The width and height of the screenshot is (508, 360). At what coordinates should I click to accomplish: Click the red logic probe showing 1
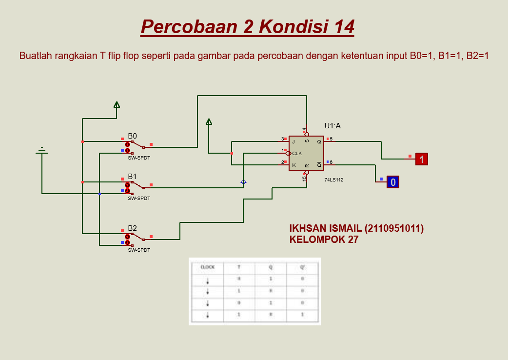point(422,159)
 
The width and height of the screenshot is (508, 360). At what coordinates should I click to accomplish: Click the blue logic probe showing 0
point(393,182)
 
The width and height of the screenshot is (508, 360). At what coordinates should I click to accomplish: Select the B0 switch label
point(133,136)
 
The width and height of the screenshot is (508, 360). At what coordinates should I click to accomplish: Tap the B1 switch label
point(133,176)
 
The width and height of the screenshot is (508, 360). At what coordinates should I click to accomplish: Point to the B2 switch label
point(133,228)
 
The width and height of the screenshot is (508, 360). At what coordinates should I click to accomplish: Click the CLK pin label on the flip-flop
point(297,153)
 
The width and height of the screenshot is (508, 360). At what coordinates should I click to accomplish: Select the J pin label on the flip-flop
point(294,141)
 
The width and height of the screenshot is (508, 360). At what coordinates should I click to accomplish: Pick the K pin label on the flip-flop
point(294,165)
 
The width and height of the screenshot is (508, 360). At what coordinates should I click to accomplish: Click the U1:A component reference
point(332,126)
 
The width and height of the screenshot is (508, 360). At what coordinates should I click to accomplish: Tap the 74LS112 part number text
point(334,180)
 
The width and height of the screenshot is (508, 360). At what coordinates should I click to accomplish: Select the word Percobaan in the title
point(188,26)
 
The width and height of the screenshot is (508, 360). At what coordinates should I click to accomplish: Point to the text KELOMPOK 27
point(324,240)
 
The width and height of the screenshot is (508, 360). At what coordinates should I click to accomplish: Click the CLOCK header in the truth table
point(208,267)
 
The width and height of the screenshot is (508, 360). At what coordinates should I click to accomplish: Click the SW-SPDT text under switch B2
point(139,250)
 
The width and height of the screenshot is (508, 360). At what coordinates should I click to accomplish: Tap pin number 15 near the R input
point(304,179)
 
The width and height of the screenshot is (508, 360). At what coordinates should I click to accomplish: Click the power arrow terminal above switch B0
point(117,104)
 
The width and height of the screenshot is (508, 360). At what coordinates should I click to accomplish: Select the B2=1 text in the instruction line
point(477,56)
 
